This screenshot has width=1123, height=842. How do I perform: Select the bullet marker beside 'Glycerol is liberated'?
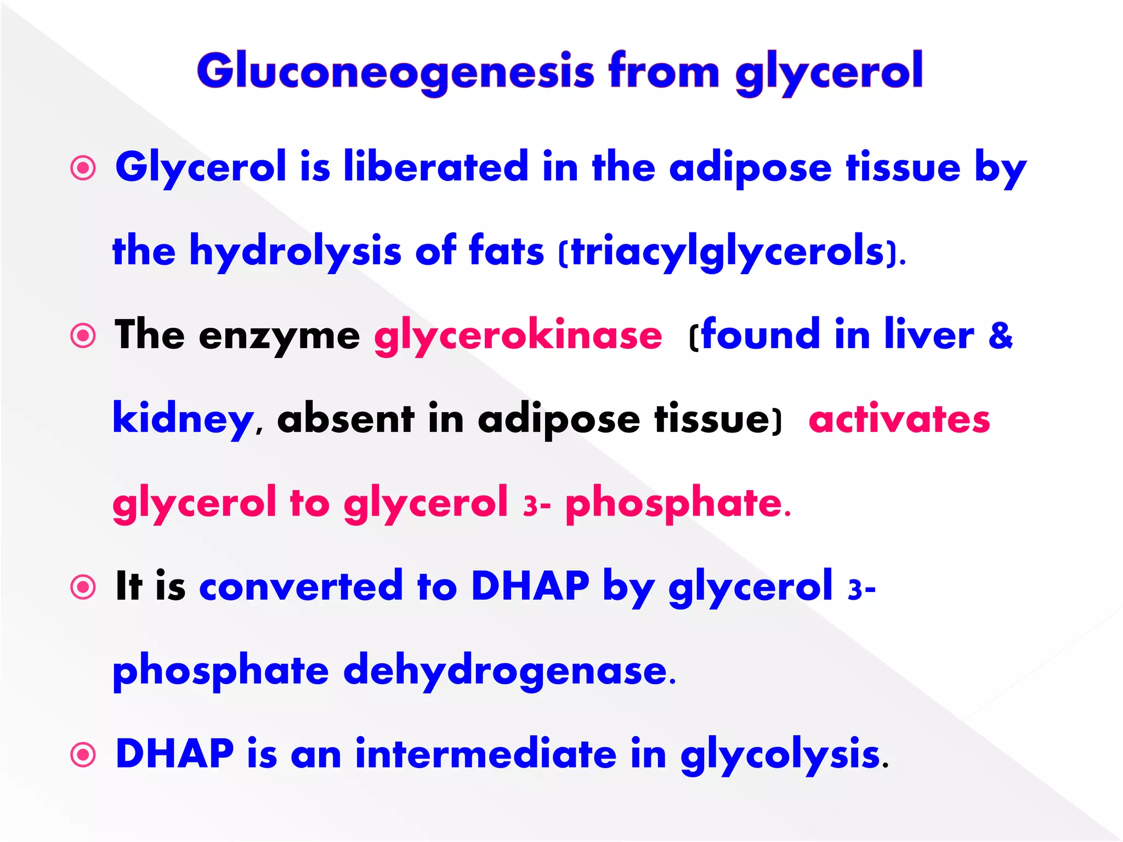(x=83, y=168)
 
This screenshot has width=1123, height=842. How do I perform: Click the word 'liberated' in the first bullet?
(x=435, y=167)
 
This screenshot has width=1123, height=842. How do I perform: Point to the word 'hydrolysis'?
(x=295, y=252)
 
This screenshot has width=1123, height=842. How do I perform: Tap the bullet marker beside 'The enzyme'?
(x=83, y=335)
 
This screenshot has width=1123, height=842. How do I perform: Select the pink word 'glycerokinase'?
(x=518, y=335)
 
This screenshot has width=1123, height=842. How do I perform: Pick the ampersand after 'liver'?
(x=1000, y=335)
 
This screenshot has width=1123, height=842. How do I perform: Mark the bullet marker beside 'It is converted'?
(x=83, y=587)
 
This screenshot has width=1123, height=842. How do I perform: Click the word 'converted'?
(x=301, y=586)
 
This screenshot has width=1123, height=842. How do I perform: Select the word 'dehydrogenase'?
(x=504, y=671)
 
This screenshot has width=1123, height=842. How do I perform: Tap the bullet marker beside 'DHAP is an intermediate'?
(x=83, y=755)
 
